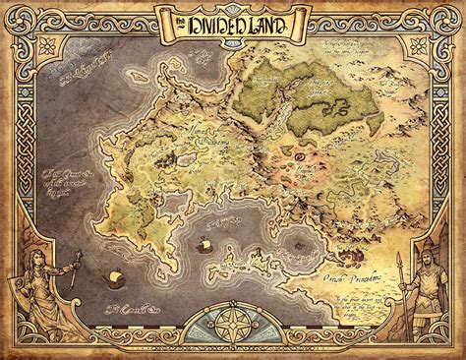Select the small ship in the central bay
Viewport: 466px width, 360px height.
pyautogui.click(x=207, y=244)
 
